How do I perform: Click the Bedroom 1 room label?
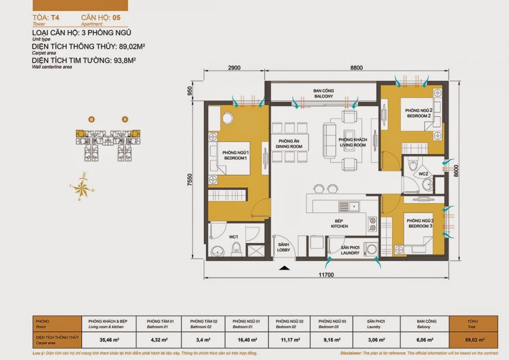click(x=235, y=155)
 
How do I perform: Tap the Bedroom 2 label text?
click(x=418, y=113)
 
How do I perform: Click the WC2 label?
click(x=422, y=175)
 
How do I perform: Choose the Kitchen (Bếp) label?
click(x=339, y=224)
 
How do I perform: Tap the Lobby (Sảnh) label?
click(x=284, y=247)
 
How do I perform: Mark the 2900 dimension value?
click(x=234, y=67)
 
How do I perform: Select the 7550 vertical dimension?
click(x=190, y=181)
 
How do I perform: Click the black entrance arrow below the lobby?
click(x=285, y=268)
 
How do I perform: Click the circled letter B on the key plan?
click(x=91, y=119)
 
